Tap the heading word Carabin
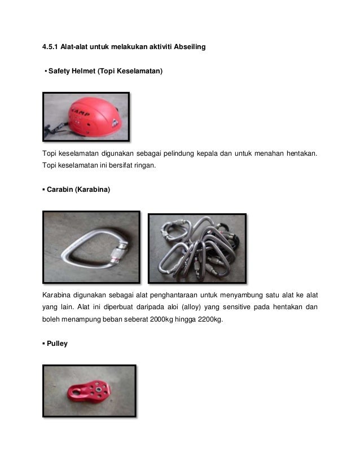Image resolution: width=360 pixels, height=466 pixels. coord(63,191)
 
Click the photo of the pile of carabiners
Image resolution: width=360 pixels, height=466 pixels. coord(197,248)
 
